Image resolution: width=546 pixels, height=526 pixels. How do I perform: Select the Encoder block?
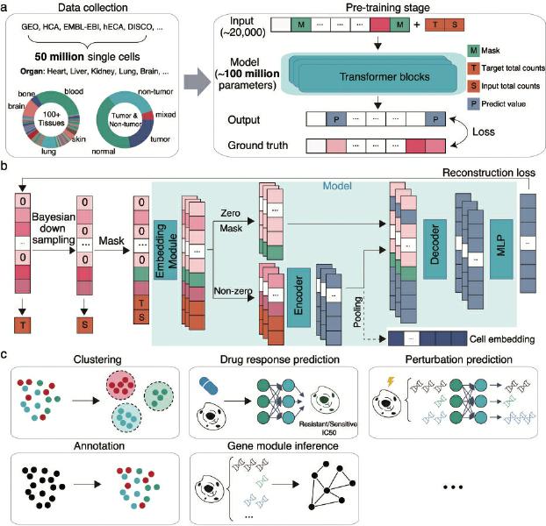pos(298,297)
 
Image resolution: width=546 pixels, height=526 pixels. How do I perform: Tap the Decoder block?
pos(435,249)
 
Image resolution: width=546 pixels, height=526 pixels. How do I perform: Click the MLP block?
pos(501,249)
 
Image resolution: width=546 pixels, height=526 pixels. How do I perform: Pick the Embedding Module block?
pos(165,250)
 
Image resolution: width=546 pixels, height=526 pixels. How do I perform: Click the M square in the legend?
pos(473,51)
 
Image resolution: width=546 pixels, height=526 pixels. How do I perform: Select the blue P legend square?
pos(473,103)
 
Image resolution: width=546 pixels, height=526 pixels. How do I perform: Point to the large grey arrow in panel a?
pos(198,82)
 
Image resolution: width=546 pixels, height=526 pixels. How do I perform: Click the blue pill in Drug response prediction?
pos(208,387)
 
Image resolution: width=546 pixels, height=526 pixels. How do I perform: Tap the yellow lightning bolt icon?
pos(391,381)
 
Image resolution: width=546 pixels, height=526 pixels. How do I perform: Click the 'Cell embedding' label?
pos(502,339)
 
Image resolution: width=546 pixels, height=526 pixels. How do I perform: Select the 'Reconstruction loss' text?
pos(489,173)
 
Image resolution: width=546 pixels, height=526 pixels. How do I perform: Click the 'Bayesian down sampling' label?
pos(54,229)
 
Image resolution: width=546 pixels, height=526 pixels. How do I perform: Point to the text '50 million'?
pos(59,57)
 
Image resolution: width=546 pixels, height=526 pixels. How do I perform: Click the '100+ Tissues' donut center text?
pos(52,118)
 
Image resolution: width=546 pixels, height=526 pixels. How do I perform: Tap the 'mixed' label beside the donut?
pos(165,114)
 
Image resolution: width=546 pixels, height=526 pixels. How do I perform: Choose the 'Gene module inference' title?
pos(283,445)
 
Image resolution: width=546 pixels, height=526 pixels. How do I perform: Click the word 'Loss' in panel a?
pos(484,131)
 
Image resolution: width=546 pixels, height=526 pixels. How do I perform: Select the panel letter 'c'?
pos(4,354)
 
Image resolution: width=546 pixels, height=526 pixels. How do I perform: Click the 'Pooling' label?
pos(357,311)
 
